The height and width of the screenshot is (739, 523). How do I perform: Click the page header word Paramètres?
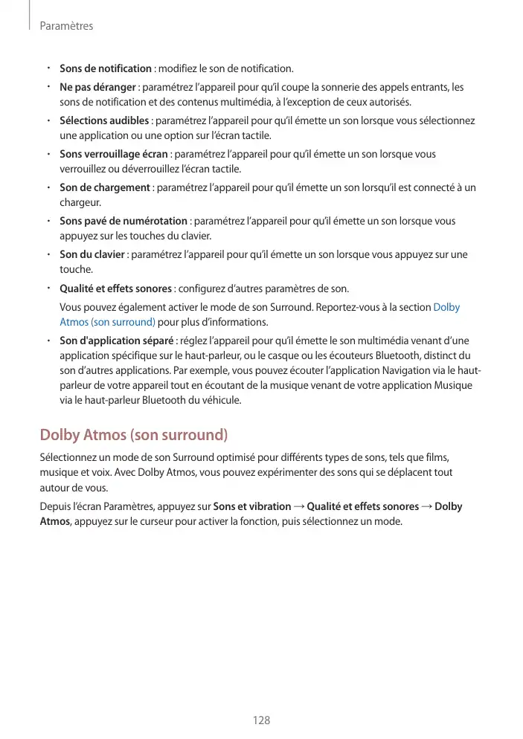66,26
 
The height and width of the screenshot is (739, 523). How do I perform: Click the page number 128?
261,720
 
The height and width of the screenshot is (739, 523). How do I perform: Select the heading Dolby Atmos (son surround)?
133,434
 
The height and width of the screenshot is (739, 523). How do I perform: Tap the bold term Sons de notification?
106,69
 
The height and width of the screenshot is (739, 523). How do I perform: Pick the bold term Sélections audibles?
105,121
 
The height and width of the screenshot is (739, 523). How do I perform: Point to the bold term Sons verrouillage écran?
113,155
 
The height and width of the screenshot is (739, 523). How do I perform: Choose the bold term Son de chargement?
105,187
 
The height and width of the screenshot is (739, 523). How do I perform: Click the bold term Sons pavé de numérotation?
123,221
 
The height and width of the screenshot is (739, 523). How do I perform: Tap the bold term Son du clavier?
93,254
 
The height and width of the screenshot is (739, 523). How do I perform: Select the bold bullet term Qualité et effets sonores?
115,288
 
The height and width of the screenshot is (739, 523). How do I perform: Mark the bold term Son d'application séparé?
116,341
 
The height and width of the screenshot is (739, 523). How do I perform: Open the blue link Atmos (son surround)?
107,322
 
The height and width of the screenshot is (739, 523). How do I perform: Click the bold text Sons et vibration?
252,506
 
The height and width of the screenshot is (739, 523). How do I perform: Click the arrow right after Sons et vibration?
299,506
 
